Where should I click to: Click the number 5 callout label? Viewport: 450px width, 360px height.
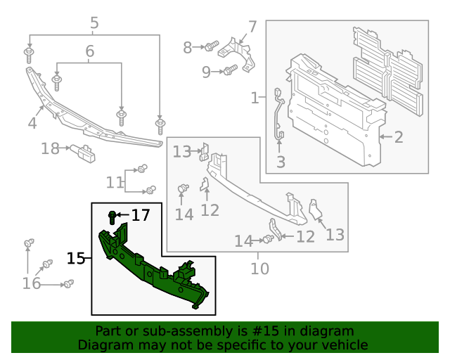coord(94,23)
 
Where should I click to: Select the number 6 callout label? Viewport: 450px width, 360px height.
coord(89,51)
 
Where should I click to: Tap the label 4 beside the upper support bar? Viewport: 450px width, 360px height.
coord(32,124)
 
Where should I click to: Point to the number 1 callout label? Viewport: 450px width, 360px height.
coord(255,98)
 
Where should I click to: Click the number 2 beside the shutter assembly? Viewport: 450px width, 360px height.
coord(398,136)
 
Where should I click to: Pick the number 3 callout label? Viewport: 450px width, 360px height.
coord(281,162)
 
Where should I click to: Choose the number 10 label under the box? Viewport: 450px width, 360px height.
coord(259,269)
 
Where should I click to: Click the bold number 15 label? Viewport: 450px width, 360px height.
coord(76,259)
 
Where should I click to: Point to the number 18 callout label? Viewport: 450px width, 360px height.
coord(50,148)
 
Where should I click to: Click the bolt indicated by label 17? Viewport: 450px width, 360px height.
coord(112,216)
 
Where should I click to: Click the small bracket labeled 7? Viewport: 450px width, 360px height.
coord(240,53)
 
